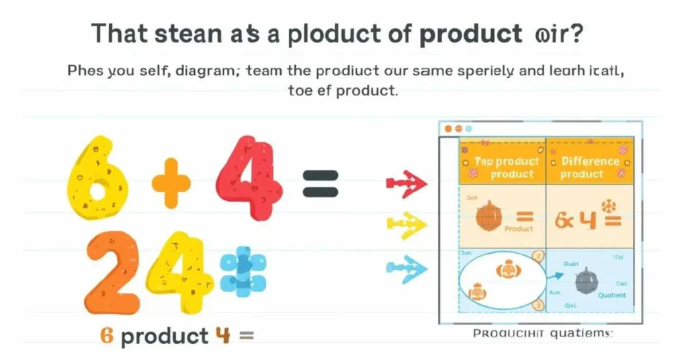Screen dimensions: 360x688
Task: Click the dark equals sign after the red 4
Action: click(x=320, y=182)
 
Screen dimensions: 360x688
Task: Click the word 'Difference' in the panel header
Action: click(x=590, y=161)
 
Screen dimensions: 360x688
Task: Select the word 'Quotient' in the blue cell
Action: click(x=611, y=296)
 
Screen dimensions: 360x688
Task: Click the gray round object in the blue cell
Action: click(x=585, y=281)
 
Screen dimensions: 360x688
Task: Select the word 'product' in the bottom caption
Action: click(x=164, y=335)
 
